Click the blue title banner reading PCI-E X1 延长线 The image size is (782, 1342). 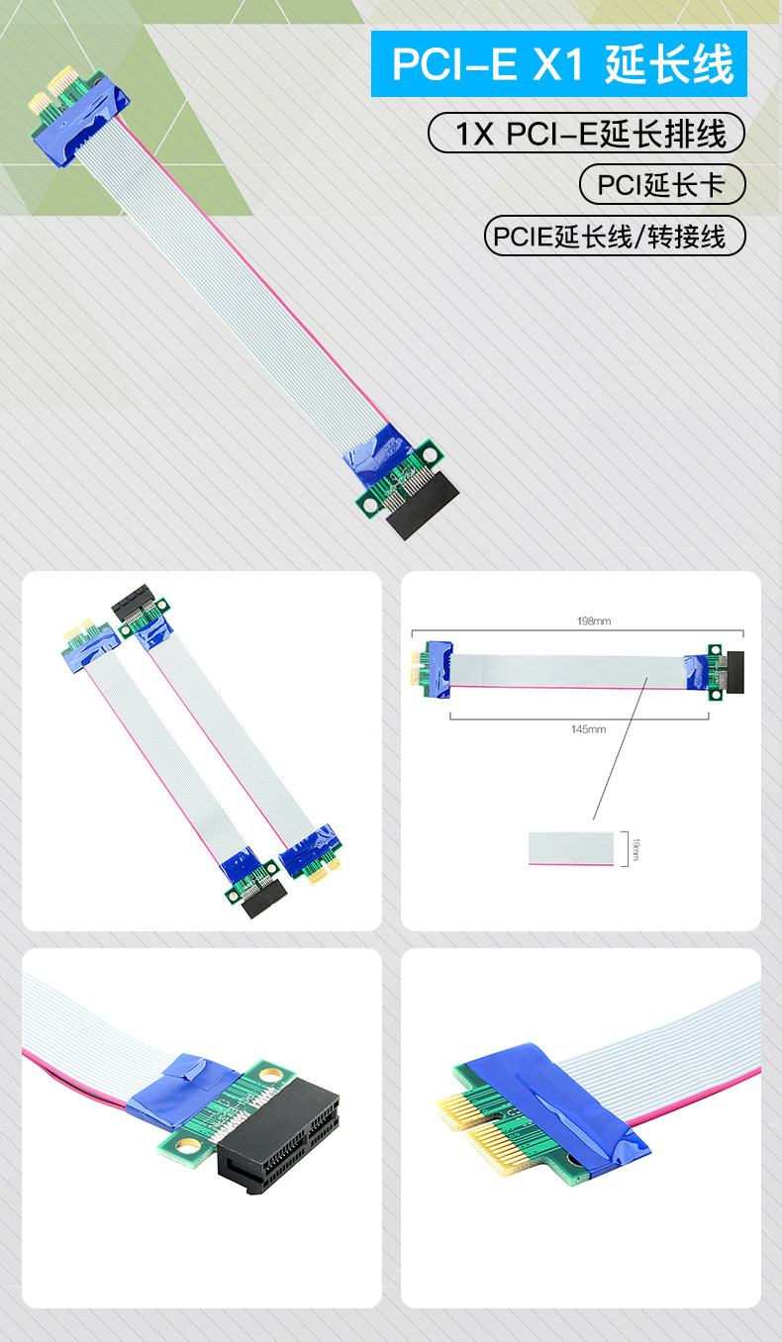(558, 63)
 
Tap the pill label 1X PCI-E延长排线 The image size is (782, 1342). (586, 133)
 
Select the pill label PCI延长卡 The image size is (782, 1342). (662, 184)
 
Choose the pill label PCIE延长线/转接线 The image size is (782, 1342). (615, 237)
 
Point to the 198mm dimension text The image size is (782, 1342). (594, 622)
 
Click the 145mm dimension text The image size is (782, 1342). (588, 729)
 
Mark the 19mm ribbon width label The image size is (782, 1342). (635, 849)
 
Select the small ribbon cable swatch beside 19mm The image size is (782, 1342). (571, 848)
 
